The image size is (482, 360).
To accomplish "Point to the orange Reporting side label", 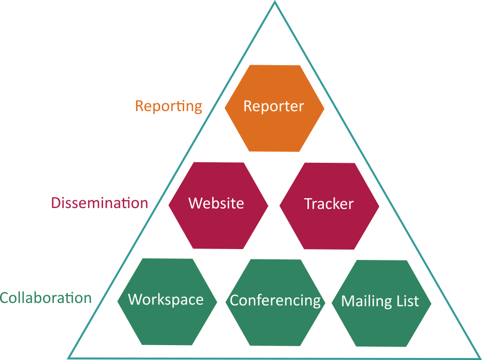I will (168, 106).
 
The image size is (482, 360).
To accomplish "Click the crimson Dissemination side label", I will (100, 203).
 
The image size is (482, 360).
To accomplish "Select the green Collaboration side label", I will (46, 298).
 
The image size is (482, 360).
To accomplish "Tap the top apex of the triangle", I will (275, 2).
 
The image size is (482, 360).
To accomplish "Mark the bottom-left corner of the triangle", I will (69, 357).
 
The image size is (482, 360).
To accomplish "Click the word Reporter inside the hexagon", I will (274, 106).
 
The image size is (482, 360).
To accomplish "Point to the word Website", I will (216, 203).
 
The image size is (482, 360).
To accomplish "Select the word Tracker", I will (329, 204).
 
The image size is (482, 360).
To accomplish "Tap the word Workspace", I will (166, 299).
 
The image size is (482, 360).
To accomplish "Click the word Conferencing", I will (275, 300).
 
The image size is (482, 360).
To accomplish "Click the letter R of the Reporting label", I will (139, 106).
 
